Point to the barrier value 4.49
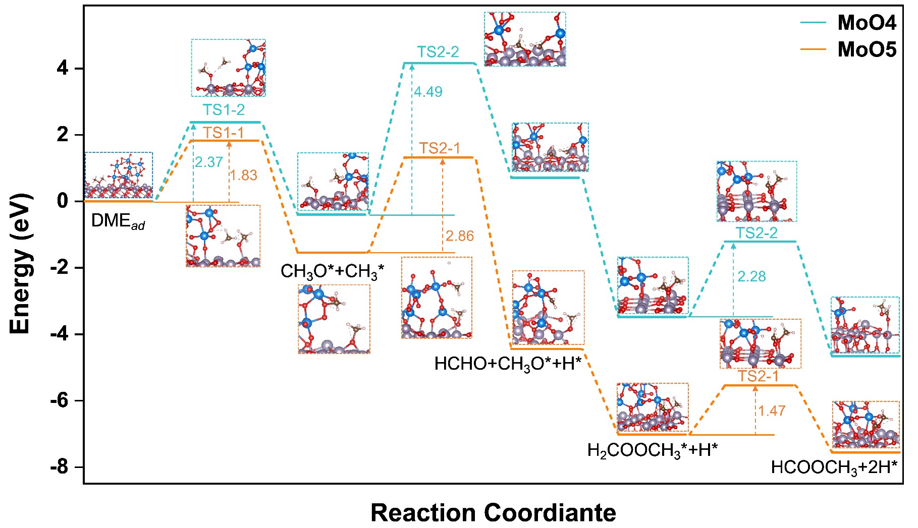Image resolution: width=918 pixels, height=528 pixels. pyautogui.click(x=428, y=92)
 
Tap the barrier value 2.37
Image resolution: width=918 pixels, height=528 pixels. pyautogui.click(x=208, y=162)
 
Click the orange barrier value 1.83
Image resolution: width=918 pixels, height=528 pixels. pyautogui.click(x=243, y=175)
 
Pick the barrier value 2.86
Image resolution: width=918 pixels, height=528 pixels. pyautogui.click(x=460, y=236)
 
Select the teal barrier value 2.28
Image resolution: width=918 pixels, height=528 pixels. pyautogui.click(x=751, y=276)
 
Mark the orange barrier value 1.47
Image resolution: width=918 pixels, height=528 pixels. pyautogui.click(x=771, y=410)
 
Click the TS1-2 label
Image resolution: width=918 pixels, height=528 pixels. pyautogui.click(x=224, y=110)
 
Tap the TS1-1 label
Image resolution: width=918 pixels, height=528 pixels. pyautogui.click(x=224, y=133)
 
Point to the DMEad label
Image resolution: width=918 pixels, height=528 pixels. pyautogui.click(x=118, y=221)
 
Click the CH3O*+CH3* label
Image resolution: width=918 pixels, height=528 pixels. pyautogui.click(x=332, y=272)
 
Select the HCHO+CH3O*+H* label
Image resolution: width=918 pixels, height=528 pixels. pyautogui.click(x=508, y=364)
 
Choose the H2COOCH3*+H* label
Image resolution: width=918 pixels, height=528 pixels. pyautogui.click(x=652, y=450)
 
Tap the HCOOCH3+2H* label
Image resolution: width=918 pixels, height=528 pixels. pyautogui.click(x=834, y=467)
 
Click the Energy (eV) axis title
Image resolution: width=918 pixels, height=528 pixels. pyautogui.click(x=21, y=264)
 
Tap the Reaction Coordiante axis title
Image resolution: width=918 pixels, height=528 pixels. pyautogui.click(x=493, y=513)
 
